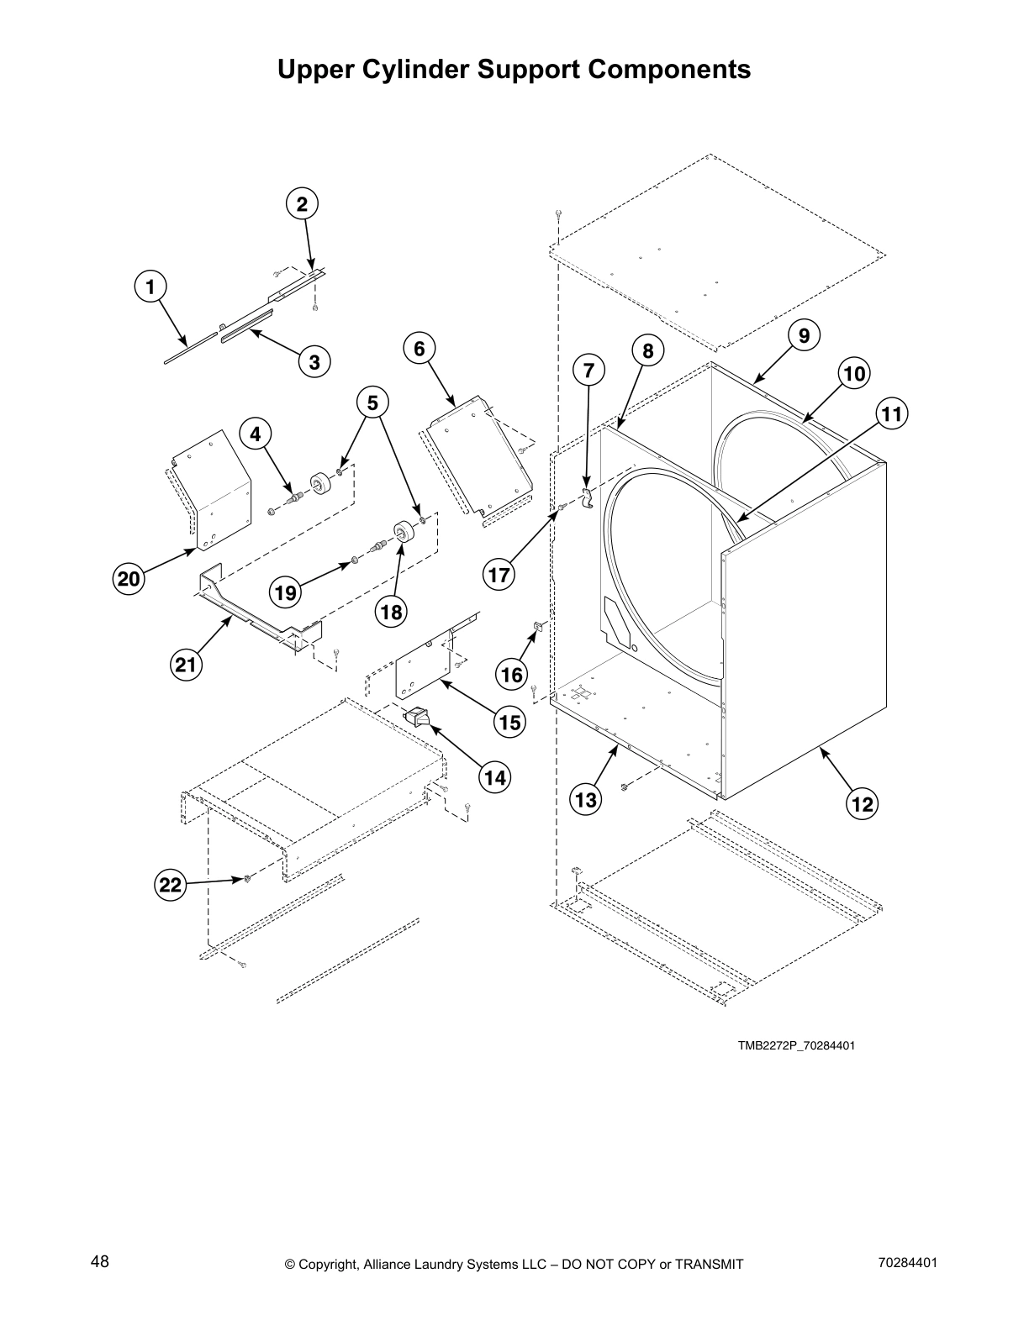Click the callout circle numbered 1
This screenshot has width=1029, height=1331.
pos(150,287)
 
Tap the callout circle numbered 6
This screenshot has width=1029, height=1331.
pos(420,348)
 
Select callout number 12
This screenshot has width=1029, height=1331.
pos(863,804)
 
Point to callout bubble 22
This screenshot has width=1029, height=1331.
pos(170,885)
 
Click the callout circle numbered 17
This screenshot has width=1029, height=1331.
pos(499,575)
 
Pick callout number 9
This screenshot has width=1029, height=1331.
pos(804,336)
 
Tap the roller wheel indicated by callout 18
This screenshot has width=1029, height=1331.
pos(404,534)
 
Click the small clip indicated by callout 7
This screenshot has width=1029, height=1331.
pos(588,495)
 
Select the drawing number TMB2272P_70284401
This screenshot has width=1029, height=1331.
pos(797,1046)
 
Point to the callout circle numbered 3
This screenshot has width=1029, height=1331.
pos(314,362)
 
